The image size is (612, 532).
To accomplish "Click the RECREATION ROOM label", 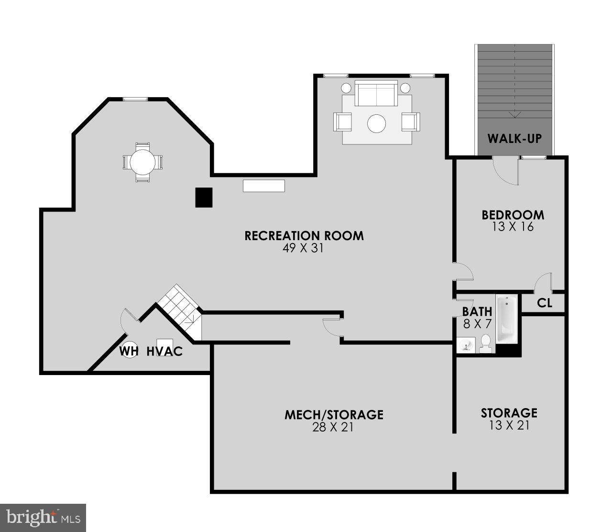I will click(304, 236).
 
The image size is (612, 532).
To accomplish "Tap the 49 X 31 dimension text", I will click(303, 248).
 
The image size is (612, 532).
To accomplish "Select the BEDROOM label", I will click(513, 215).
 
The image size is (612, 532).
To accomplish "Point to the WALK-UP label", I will click(514, 139).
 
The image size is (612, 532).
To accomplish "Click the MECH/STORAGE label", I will click(334, 414).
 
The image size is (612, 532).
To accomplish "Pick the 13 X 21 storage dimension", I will click(510, 425).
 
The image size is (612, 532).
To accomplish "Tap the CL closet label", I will click(544, 303).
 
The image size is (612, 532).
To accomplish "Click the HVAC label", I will click(164, 351).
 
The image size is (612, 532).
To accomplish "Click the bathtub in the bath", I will click(506, 320).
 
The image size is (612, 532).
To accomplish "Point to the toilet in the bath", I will click(486, 343).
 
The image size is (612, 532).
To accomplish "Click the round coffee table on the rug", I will click(376, 123).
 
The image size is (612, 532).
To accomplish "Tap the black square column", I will click(204, 198).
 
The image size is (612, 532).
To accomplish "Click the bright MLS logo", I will click(43, 518).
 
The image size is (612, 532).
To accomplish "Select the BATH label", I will click(477, 312).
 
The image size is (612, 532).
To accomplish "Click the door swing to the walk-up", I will click(505, 171).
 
